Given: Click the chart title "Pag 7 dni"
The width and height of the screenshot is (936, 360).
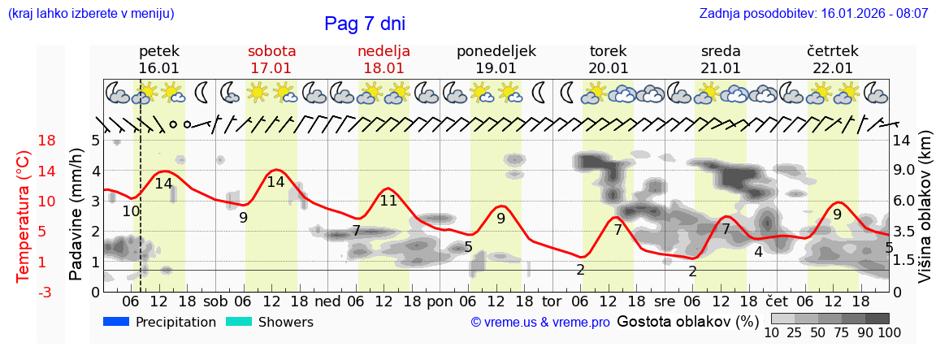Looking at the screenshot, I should (364, 24).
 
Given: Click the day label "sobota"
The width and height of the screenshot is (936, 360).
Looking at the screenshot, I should (271, 51).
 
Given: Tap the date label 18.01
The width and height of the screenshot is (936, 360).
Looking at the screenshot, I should (383, 68).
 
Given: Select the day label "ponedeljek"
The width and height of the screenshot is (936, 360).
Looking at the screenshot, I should (496, 51).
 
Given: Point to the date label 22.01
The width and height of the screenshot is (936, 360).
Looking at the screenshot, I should (833, 68).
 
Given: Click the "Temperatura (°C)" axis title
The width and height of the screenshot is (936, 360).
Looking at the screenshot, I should (24, 216).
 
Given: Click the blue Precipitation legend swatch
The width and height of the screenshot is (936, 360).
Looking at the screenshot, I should (116, 322).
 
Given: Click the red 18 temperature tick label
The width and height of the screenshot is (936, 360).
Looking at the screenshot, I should (24, 141).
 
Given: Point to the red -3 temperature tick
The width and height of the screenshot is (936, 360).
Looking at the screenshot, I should (24, 292).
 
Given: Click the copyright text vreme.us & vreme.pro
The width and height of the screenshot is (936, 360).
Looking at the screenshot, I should (540, 323).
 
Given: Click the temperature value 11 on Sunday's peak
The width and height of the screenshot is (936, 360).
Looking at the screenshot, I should (388, 200).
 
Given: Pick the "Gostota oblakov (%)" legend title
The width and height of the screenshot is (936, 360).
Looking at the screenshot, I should (687, 322).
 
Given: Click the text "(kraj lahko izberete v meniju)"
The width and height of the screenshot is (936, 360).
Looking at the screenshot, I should (91, 14).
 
